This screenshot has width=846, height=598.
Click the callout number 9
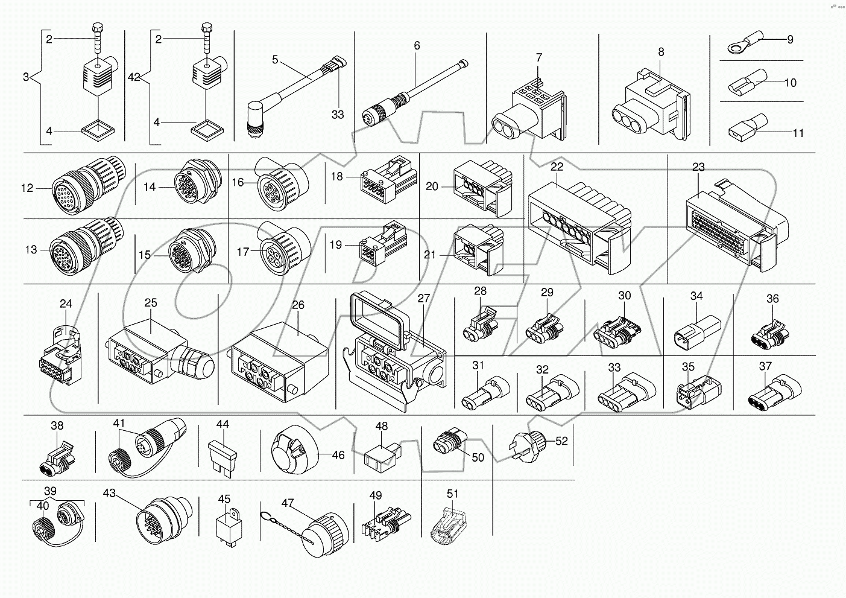(790, 40)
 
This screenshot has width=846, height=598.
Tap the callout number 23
(698, 167)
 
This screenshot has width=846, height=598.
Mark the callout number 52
(561, 441)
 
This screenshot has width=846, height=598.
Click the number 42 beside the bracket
(134, 77)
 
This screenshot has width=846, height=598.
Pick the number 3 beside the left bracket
(26, 77)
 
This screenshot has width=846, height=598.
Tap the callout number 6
(417, 46)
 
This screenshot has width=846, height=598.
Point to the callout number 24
(66, 304)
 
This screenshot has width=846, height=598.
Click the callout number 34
(696, 296)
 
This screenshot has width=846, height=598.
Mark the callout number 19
(336, 245)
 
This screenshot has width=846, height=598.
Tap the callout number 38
(57, 425)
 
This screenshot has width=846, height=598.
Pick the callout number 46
(338, 455)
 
